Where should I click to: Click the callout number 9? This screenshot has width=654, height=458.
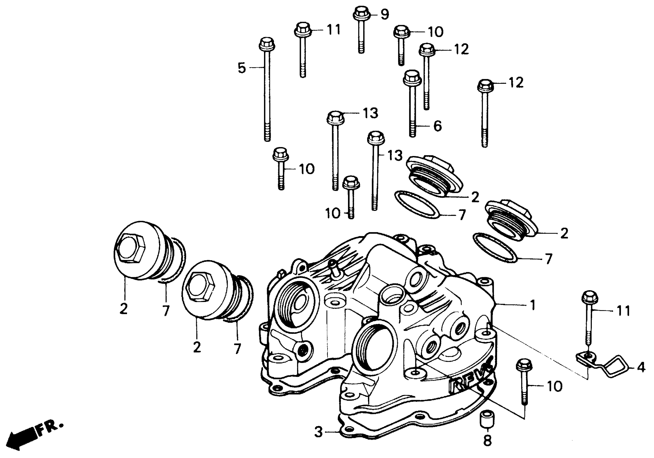(x=385, y=14)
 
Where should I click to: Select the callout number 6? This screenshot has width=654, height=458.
(x=438, y=126)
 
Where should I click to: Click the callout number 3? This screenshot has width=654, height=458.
(x=318, y=432)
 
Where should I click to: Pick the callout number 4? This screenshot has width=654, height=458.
(x=641, y=368)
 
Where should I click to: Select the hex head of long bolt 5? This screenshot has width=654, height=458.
(x=267, y=44)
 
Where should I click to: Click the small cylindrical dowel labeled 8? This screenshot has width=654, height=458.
(x=487, y=419)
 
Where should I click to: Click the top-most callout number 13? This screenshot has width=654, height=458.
(x=370, y=113)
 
